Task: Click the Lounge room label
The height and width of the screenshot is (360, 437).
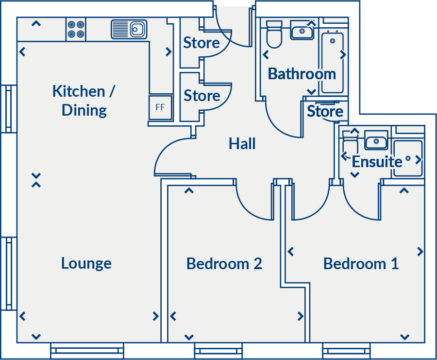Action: click(86, 263)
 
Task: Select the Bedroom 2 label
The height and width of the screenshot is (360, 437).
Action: click(224, 264)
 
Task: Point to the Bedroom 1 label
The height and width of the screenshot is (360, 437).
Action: click(361, 264)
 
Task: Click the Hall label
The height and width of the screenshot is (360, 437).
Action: click(242, 144)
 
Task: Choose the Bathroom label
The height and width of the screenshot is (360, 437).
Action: click(302, 74)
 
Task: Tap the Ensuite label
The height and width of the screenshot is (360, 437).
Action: click(377, 162)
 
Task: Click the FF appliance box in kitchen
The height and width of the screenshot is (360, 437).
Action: click(160, 107)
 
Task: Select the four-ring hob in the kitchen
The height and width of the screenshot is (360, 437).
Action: click(76, 29)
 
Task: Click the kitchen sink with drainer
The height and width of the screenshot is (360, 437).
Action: click(129, 29)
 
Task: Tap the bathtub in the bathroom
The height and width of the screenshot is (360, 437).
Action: click(333, 61)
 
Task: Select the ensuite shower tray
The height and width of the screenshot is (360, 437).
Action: click(408, 158)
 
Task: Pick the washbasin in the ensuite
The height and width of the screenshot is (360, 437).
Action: click(375, 142)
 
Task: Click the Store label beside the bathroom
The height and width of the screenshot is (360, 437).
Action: click(325, 112)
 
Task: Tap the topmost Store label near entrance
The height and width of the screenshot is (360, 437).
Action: click(201, 43)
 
